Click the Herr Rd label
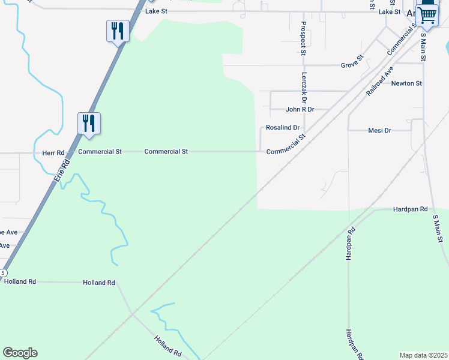(53, 153)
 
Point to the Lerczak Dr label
(304, 85)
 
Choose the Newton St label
(406, 83)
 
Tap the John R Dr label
(300, 110)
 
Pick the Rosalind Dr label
(282, 128)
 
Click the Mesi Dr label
(379, 130)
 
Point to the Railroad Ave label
(379, 82)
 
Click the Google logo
(20, 353)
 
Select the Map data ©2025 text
(423, 355)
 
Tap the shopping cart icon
(427, 15)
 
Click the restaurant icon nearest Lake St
(118, 31)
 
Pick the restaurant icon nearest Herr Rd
(89, 123)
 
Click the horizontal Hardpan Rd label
(410, 209)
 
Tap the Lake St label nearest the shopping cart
(389, 12)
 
